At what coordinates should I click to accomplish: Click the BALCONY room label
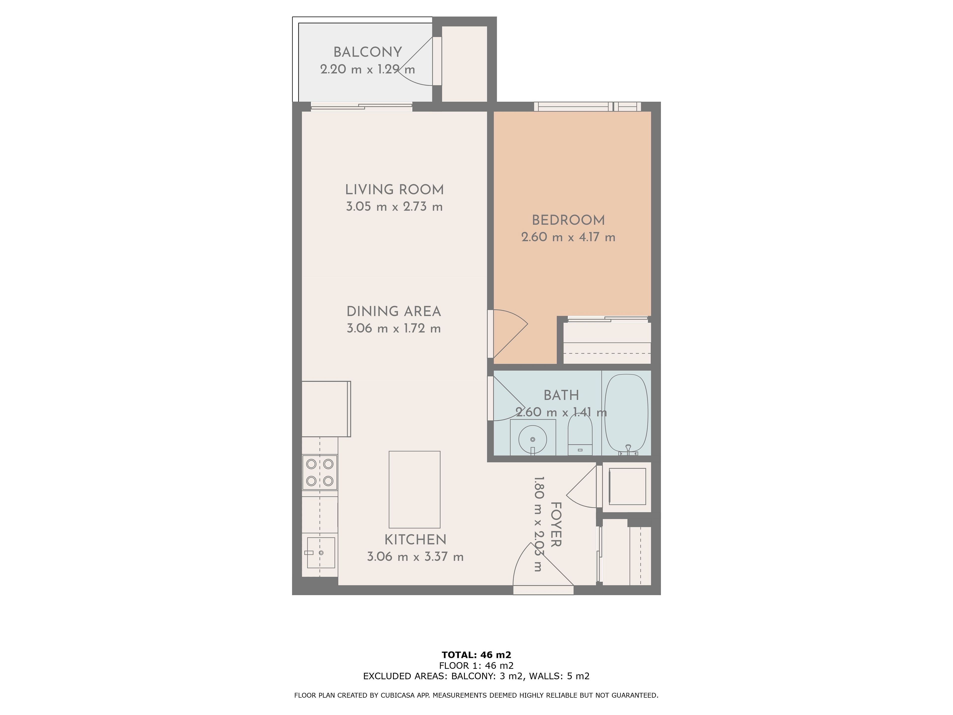click(x=368, y=52)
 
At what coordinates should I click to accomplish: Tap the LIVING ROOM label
click(x=394, y=190)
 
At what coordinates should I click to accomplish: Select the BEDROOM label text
click(x=568, y=220)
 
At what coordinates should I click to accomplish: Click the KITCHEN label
click(x=415, y=539)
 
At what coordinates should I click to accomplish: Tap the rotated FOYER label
click(x=556, y=525)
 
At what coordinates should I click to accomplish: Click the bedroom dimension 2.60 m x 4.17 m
click(x=568, y=237)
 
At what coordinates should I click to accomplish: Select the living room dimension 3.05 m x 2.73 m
click(x=394, y=207)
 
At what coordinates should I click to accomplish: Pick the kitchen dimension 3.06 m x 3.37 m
click(x=415, y=556)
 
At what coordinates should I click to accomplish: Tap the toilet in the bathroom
click(x=580, y=433)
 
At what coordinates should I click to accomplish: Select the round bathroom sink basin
click(x=533, y=439)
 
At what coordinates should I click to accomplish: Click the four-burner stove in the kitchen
click(x=320, y=472)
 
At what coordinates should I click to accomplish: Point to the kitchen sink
click(x=321, y=553)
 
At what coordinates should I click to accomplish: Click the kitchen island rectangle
click(x=414, y=490)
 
